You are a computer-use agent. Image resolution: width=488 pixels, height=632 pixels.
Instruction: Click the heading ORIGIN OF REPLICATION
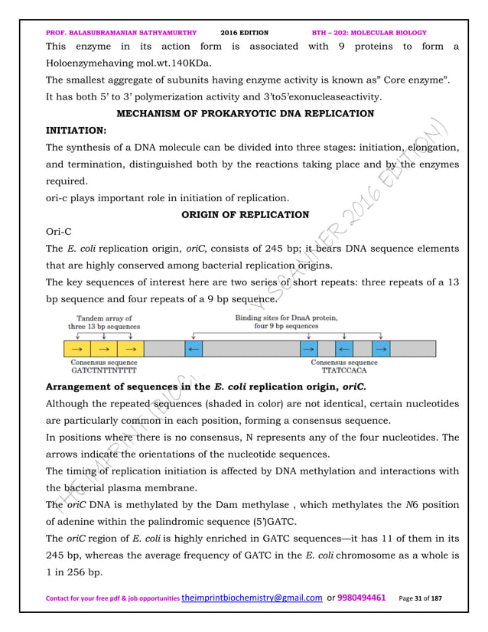(x=245, y=215)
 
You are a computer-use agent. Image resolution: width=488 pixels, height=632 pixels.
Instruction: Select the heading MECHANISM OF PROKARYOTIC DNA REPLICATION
(x=245, y=114)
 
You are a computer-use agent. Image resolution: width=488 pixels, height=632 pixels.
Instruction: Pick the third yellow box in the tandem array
(x=131, y=349)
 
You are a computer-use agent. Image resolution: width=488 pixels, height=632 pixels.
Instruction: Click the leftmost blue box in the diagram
(x=194, y=349)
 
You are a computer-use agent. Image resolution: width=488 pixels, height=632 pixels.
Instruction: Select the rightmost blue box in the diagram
(x=381, y=349)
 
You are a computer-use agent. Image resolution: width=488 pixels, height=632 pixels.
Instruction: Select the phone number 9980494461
(x=359, y=617)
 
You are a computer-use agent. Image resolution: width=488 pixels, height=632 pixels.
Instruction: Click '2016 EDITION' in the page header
(x=244, y=33)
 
